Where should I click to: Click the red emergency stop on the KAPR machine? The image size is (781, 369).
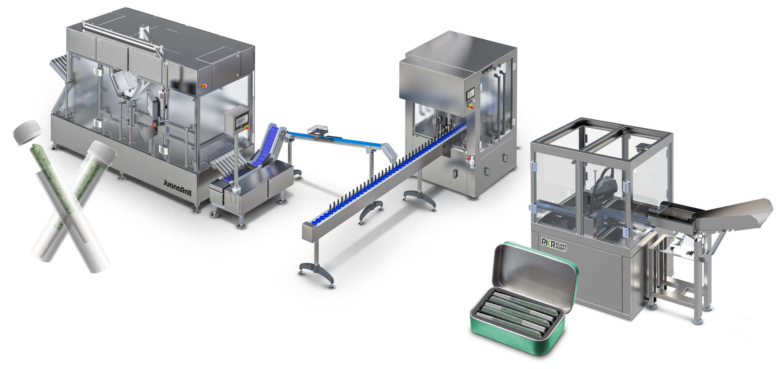[x=471, y=107]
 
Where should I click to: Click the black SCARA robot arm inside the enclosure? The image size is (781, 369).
[x=604, y=187]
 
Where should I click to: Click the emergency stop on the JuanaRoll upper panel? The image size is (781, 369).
[x=204, y=85]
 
